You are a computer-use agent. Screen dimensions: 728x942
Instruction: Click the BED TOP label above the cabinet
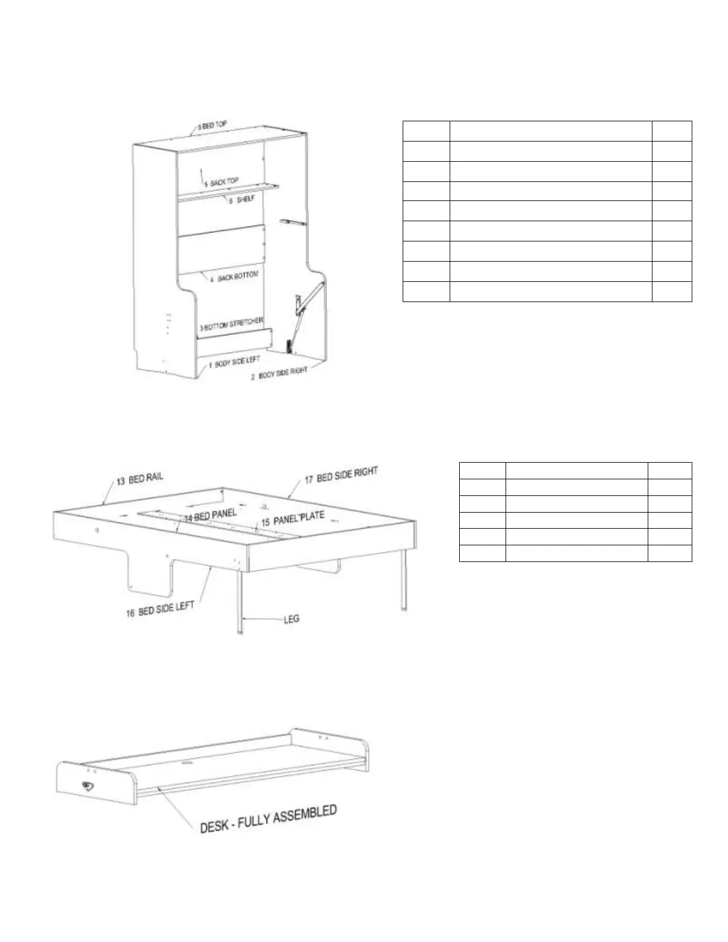pos(212,126)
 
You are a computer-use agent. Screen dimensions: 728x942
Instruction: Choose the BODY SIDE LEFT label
pos(234,362)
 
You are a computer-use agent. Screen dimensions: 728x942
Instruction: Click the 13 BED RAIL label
pos(139,479)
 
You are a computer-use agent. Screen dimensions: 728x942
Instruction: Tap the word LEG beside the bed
pos(291,619)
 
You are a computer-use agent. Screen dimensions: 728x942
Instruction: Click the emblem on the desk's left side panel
pos(87,786)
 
